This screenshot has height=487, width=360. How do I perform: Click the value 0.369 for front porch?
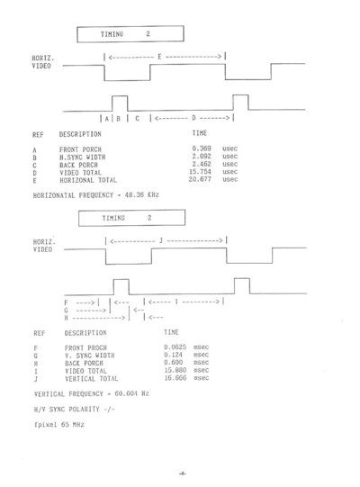(x=202, y=149)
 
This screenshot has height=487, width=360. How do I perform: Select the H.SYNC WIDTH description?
(x=82, y=158)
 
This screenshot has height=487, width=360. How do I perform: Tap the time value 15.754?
(x=200, y=172)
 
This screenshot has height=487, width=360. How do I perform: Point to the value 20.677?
(x=200, y=179)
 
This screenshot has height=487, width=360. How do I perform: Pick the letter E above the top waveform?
(x=159, y=57)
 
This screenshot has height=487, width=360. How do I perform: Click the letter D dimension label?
(x=193, y=118)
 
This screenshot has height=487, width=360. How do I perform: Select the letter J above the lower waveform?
(x=161, y=240)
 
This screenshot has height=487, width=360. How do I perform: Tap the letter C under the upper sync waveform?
(x=137, y=118)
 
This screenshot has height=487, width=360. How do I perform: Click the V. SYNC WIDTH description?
(x=89, y=356)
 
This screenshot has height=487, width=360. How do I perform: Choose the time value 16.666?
(x=175, y=378)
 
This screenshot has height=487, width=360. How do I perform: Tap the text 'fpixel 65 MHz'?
(x=59, y=424)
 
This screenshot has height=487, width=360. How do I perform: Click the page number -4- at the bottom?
(x=183, y=473)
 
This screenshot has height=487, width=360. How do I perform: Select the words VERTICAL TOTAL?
(x=91, y=379)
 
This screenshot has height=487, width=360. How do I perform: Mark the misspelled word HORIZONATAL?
(x=54, y=195)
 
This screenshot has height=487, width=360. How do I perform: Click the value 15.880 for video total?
(x=175, y=370)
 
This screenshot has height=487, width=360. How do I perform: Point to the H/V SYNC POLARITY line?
(x=74, y=409)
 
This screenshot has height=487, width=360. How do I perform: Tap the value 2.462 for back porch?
(x=202, y=164)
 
